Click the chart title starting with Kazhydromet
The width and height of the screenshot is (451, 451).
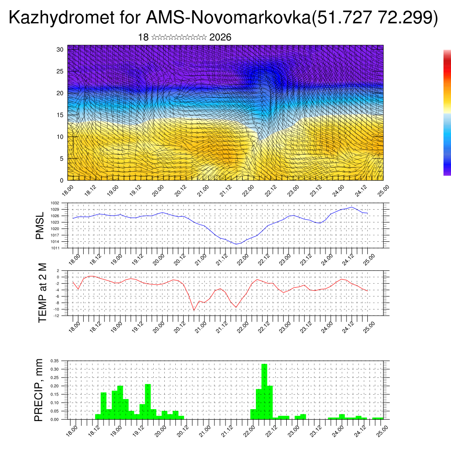223,18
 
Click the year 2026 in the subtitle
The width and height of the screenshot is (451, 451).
220,37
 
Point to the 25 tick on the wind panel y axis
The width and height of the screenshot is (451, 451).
60,71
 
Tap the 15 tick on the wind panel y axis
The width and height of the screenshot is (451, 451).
60,115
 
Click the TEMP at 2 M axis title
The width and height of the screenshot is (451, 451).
42,293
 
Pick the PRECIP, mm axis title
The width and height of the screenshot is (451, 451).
40,390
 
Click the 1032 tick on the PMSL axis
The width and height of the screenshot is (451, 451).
61,203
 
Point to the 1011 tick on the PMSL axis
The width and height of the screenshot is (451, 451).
61,248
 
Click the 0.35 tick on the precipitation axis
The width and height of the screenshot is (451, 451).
55,361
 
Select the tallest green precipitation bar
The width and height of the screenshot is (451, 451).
264,391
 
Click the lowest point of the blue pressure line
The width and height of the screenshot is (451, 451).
237,244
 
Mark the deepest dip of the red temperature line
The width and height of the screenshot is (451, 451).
194,310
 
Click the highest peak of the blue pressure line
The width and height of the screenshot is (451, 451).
351,207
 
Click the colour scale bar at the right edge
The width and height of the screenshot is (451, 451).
447,113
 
